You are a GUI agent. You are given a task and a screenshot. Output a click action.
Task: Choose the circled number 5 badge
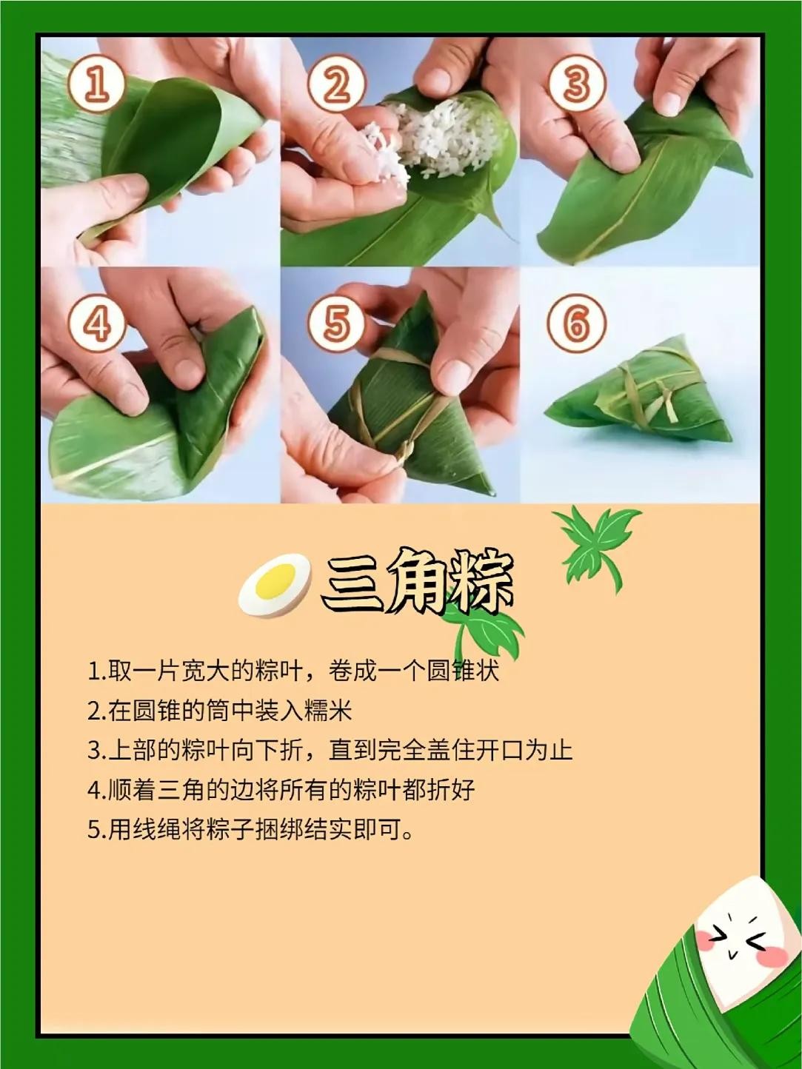tap(336, 324)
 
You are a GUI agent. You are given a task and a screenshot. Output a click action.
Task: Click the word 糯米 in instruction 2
tap(328, 711)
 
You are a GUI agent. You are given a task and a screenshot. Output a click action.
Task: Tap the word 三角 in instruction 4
tap(181, 789)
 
